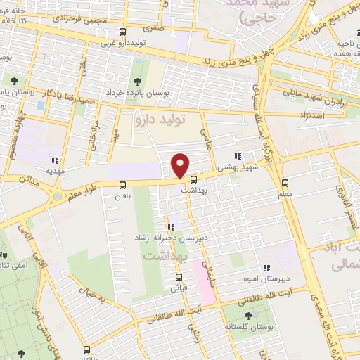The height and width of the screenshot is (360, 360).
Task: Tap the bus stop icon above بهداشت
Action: (193, 179)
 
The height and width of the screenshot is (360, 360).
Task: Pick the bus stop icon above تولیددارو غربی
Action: (124, 32)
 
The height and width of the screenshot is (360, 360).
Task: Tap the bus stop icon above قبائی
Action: (176, 276)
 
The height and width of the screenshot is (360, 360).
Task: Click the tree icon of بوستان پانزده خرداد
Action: (136, 82)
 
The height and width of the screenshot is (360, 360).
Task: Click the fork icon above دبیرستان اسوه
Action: (266, 268)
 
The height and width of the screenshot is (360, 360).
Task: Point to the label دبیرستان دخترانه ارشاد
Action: (168, 239)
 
